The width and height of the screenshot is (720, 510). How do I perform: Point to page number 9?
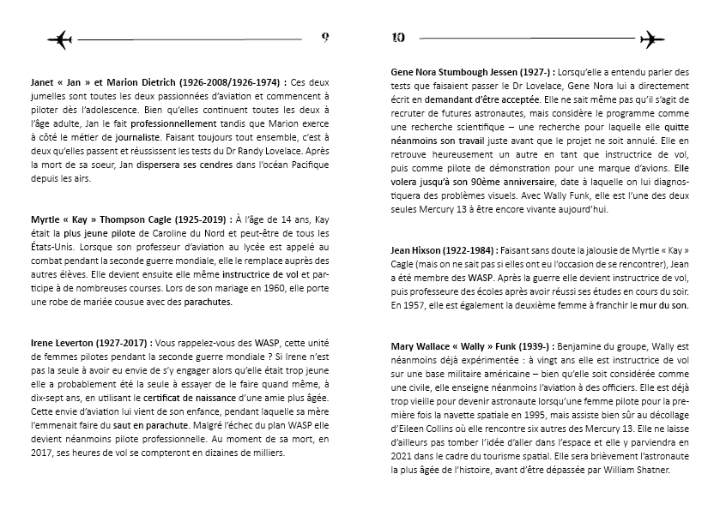(325, 37)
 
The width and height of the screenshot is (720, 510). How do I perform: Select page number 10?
(398, 37)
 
